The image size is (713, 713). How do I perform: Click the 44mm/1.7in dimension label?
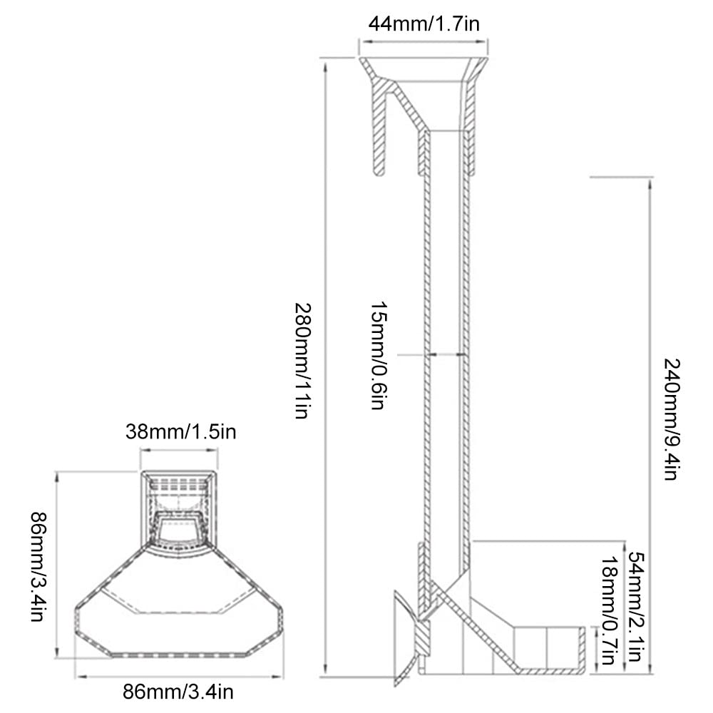click(424, 24)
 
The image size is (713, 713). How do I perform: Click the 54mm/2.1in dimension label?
click(637, 606)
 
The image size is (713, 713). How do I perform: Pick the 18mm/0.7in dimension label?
click(610, 611)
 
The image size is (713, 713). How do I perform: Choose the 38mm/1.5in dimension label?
click(181, 431)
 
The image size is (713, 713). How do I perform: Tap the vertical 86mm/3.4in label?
click(39, 567)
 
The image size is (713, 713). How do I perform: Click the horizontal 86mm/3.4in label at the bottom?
click(178, 692)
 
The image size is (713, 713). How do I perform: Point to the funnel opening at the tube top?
click(424, 70)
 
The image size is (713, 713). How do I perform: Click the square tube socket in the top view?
click(179, 508)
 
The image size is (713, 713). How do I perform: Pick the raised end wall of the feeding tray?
click(581, 648)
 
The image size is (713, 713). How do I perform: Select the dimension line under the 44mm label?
click(424, 42)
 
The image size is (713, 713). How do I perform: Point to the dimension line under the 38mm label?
click(179, 451)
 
